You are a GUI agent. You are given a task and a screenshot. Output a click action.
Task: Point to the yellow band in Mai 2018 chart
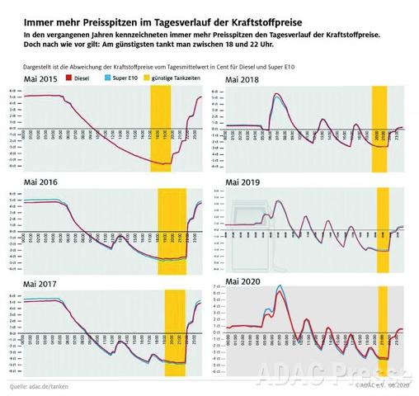(379, 128)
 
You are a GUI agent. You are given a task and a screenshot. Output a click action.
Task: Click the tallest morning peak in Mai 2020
(280, 287)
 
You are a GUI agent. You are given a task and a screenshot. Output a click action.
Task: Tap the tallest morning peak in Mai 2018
(277, 95)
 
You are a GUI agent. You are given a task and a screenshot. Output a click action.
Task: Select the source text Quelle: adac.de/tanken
(40, 385)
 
